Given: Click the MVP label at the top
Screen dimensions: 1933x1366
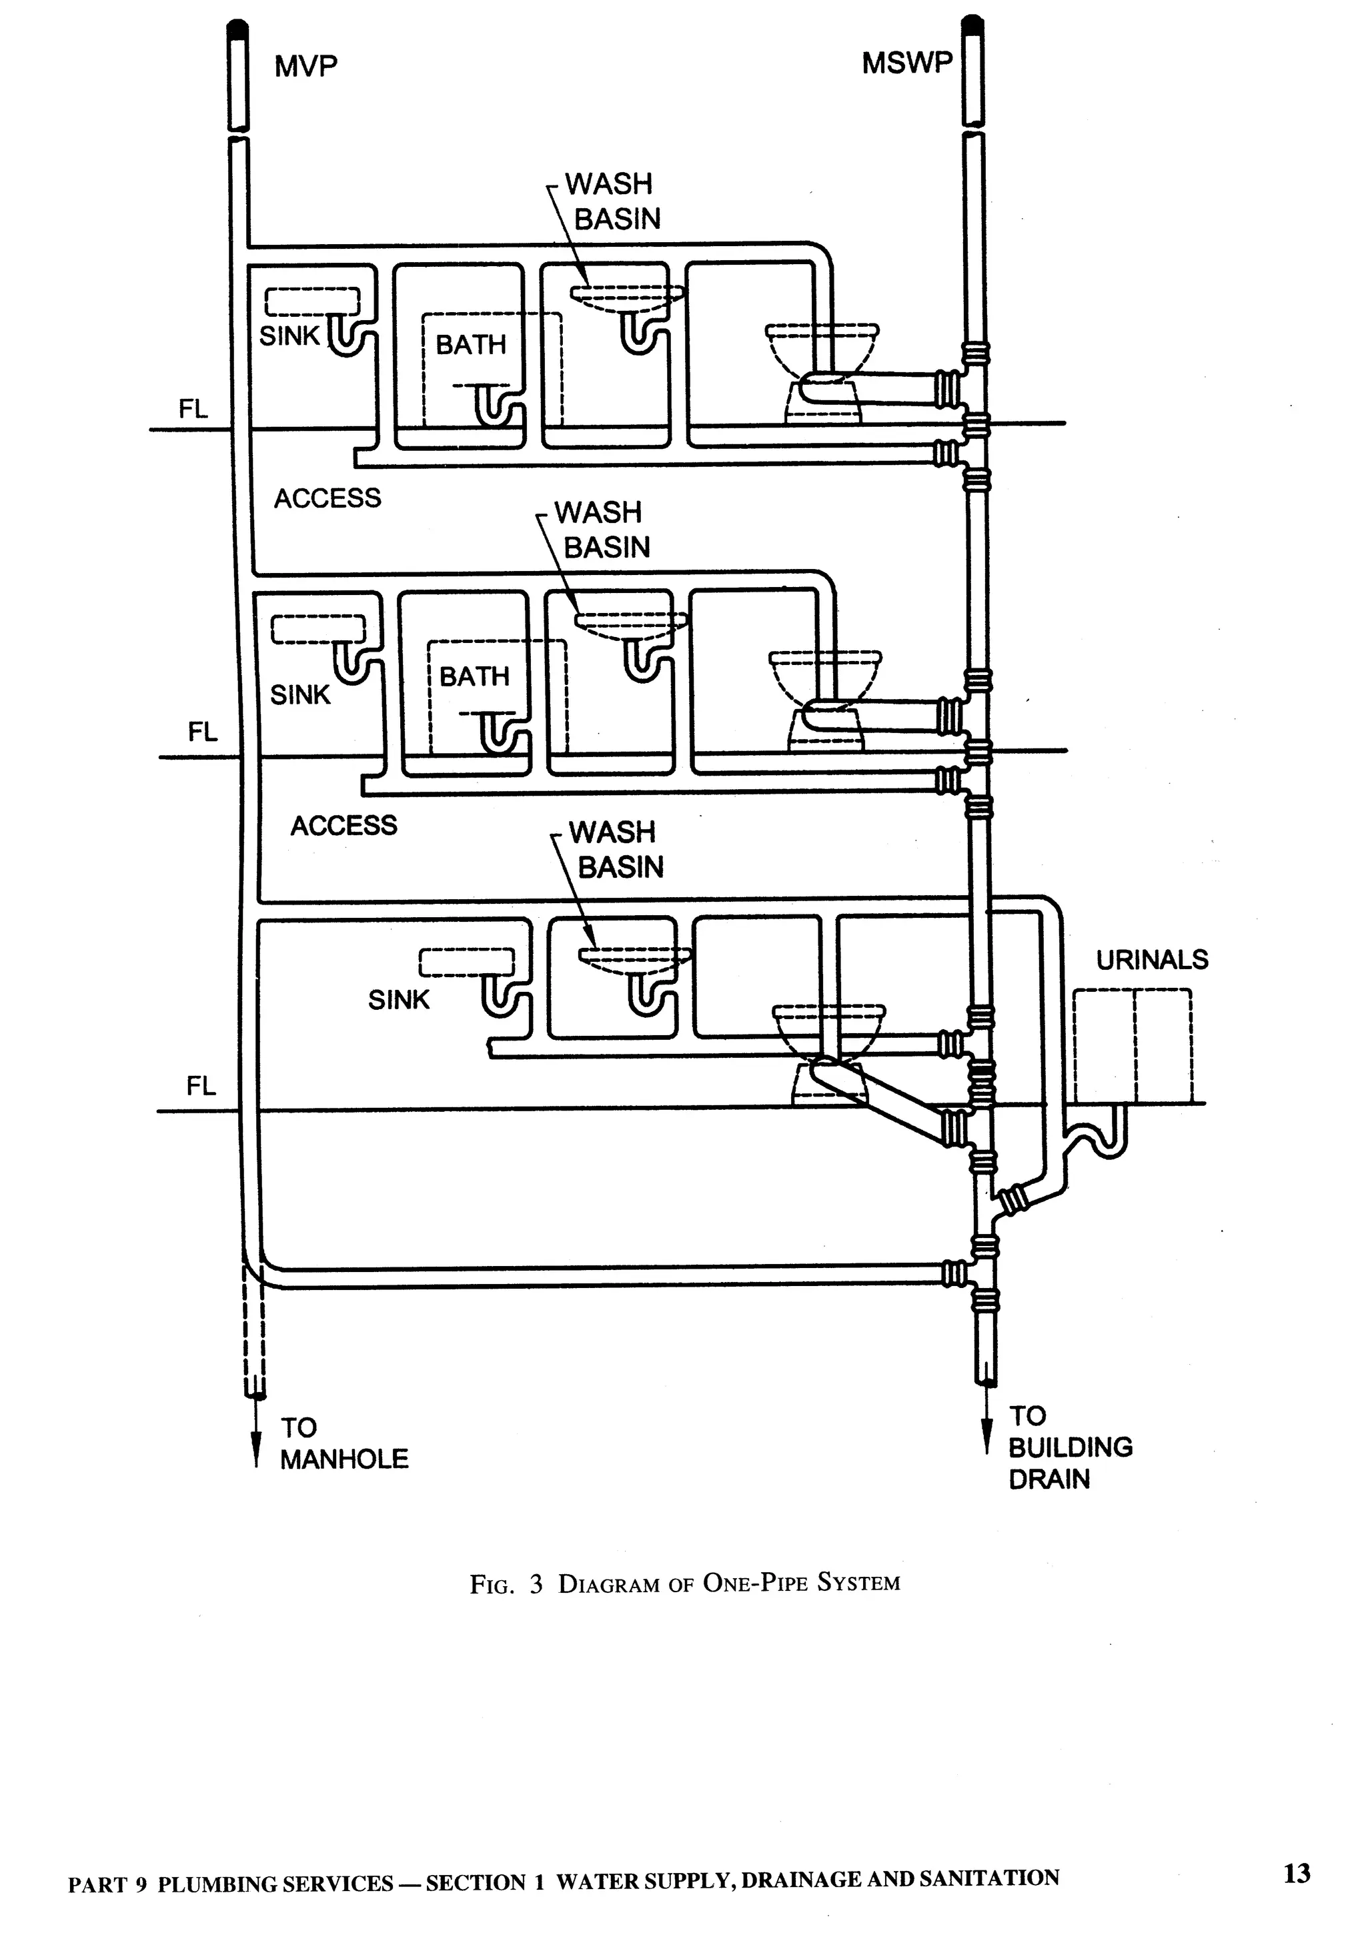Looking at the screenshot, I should [305, 67].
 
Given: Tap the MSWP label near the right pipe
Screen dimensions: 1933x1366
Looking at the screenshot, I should [906, 63].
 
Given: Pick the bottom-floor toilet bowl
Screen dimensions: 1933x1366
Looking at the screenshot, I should [828, 1029].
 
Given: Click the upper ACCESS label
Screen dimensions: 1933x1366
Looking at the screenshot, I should [327, 498].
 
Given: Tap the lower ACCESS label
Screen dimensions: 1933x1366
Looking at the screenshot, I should [344, 825].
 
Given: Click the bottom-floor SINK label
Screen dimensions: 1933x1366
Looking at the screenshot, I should [398, 999].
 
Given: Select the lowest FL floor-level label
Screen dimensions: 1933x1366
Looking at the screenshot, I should [201, 1086].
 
